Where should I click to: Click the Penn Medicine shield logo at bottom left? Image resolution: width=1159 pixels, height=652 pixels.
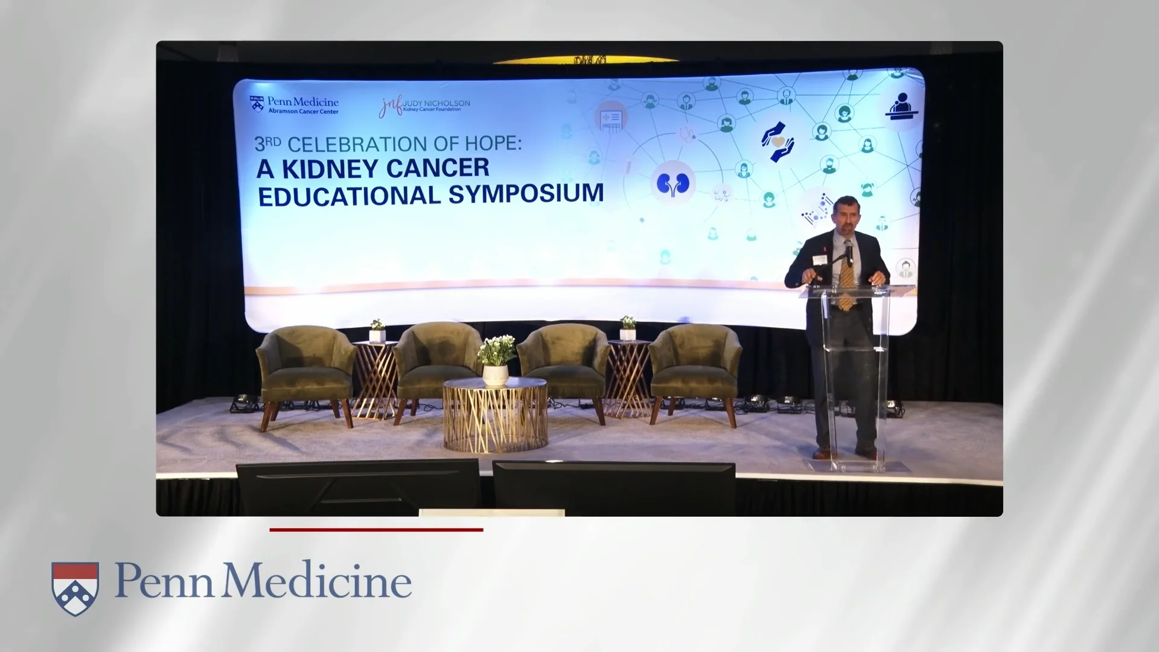75,588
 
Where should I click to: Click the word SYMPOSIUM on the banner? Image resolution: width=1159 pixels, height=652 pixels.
525,194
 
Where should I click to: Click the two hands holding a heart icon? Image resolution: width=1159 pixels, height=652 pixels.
777,141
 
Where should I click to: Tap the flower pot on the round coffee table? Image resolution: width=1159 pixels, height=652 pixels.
496,374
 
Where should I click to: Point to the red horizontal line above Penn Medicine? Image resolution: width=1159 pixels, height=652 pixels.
376,530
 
